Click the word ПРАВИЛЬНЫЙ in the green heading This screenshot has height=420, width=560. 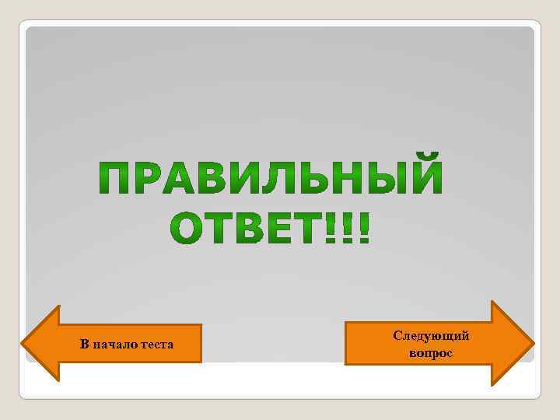pyautogui.click(x=271, y=179)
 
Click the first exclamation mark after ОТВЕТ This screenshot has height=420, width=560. pyautogui.click(x=337, y=226)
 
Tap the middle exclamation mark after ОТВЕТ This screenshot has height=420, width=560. pyautogui.click(x=351, y=226)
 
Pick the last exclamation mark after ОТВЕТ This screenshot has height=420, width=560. pyautogui.click(x=365, y=226)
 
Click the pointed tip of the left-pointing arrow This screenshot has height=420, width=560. pyautogui.click(x=23, y=343)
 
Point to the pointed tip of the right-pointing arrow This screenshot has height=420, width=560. pyautogui.click(x=533, y=343)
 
